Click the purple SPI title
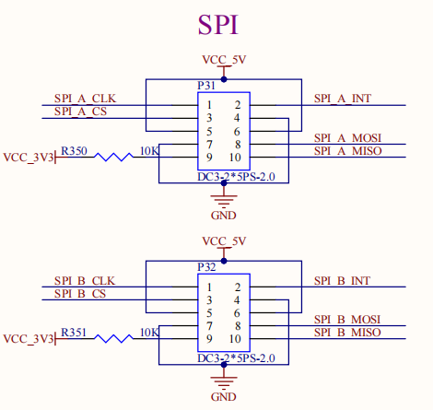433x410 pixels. (x=218, y=25)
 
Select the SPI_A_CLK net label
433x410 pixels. (x=85, y=99)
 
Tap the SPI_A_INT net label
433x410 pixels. (x=343, y=99)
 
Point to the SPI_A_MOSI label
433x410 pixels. (x=347, y=138)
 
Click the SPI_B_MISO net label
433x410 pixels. (x=347, y=333)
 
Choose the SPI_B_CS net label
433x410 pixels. (x=80, y=294)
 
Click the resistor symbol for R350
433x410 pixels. (x=113, y=158)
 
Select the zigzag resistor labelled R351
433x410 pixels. (x=113, y=339)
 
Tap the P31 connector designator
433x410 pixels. (x=206, y=86)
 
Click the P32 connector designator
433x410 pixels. (x=206, y=267)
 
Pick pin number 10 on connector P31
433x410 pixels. (x=235, y=158)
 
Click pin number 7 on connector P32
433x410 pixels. (x=209, y=326)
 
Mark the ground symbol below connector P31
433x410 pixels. (x=224, y=200)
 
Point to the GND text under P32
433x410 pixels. (x=223, y=397)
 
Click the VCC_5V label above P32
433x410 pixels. (x=224, y=241)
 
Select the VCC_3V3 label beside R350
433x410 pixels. (x=29, y=158)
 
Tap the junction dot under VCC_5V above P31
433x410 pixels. (x=224, y=79)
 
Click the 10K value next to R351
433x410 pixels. (x=149, y=333)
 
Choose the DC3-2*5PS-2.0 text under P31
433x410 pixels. (x=236, y=177)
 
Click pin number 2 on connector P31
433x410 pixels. (x=238, y=105)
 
